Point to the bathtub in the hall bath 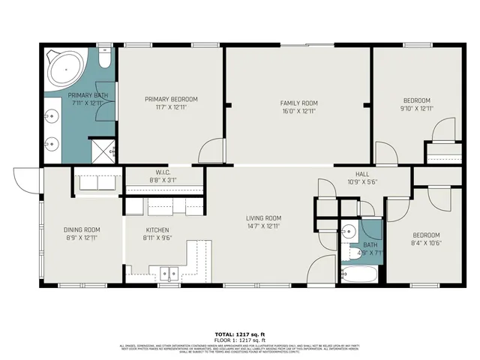coord(358,274)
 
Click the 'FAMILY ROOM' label coord(299,103)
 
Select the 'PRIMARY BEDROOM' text coord(172,100)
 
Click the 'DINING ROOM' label coord(82,229)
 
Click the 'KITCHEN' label coord(157,229)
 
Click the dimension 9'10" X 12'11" coord(417,108)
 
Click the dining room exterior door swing coord(25,180)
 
